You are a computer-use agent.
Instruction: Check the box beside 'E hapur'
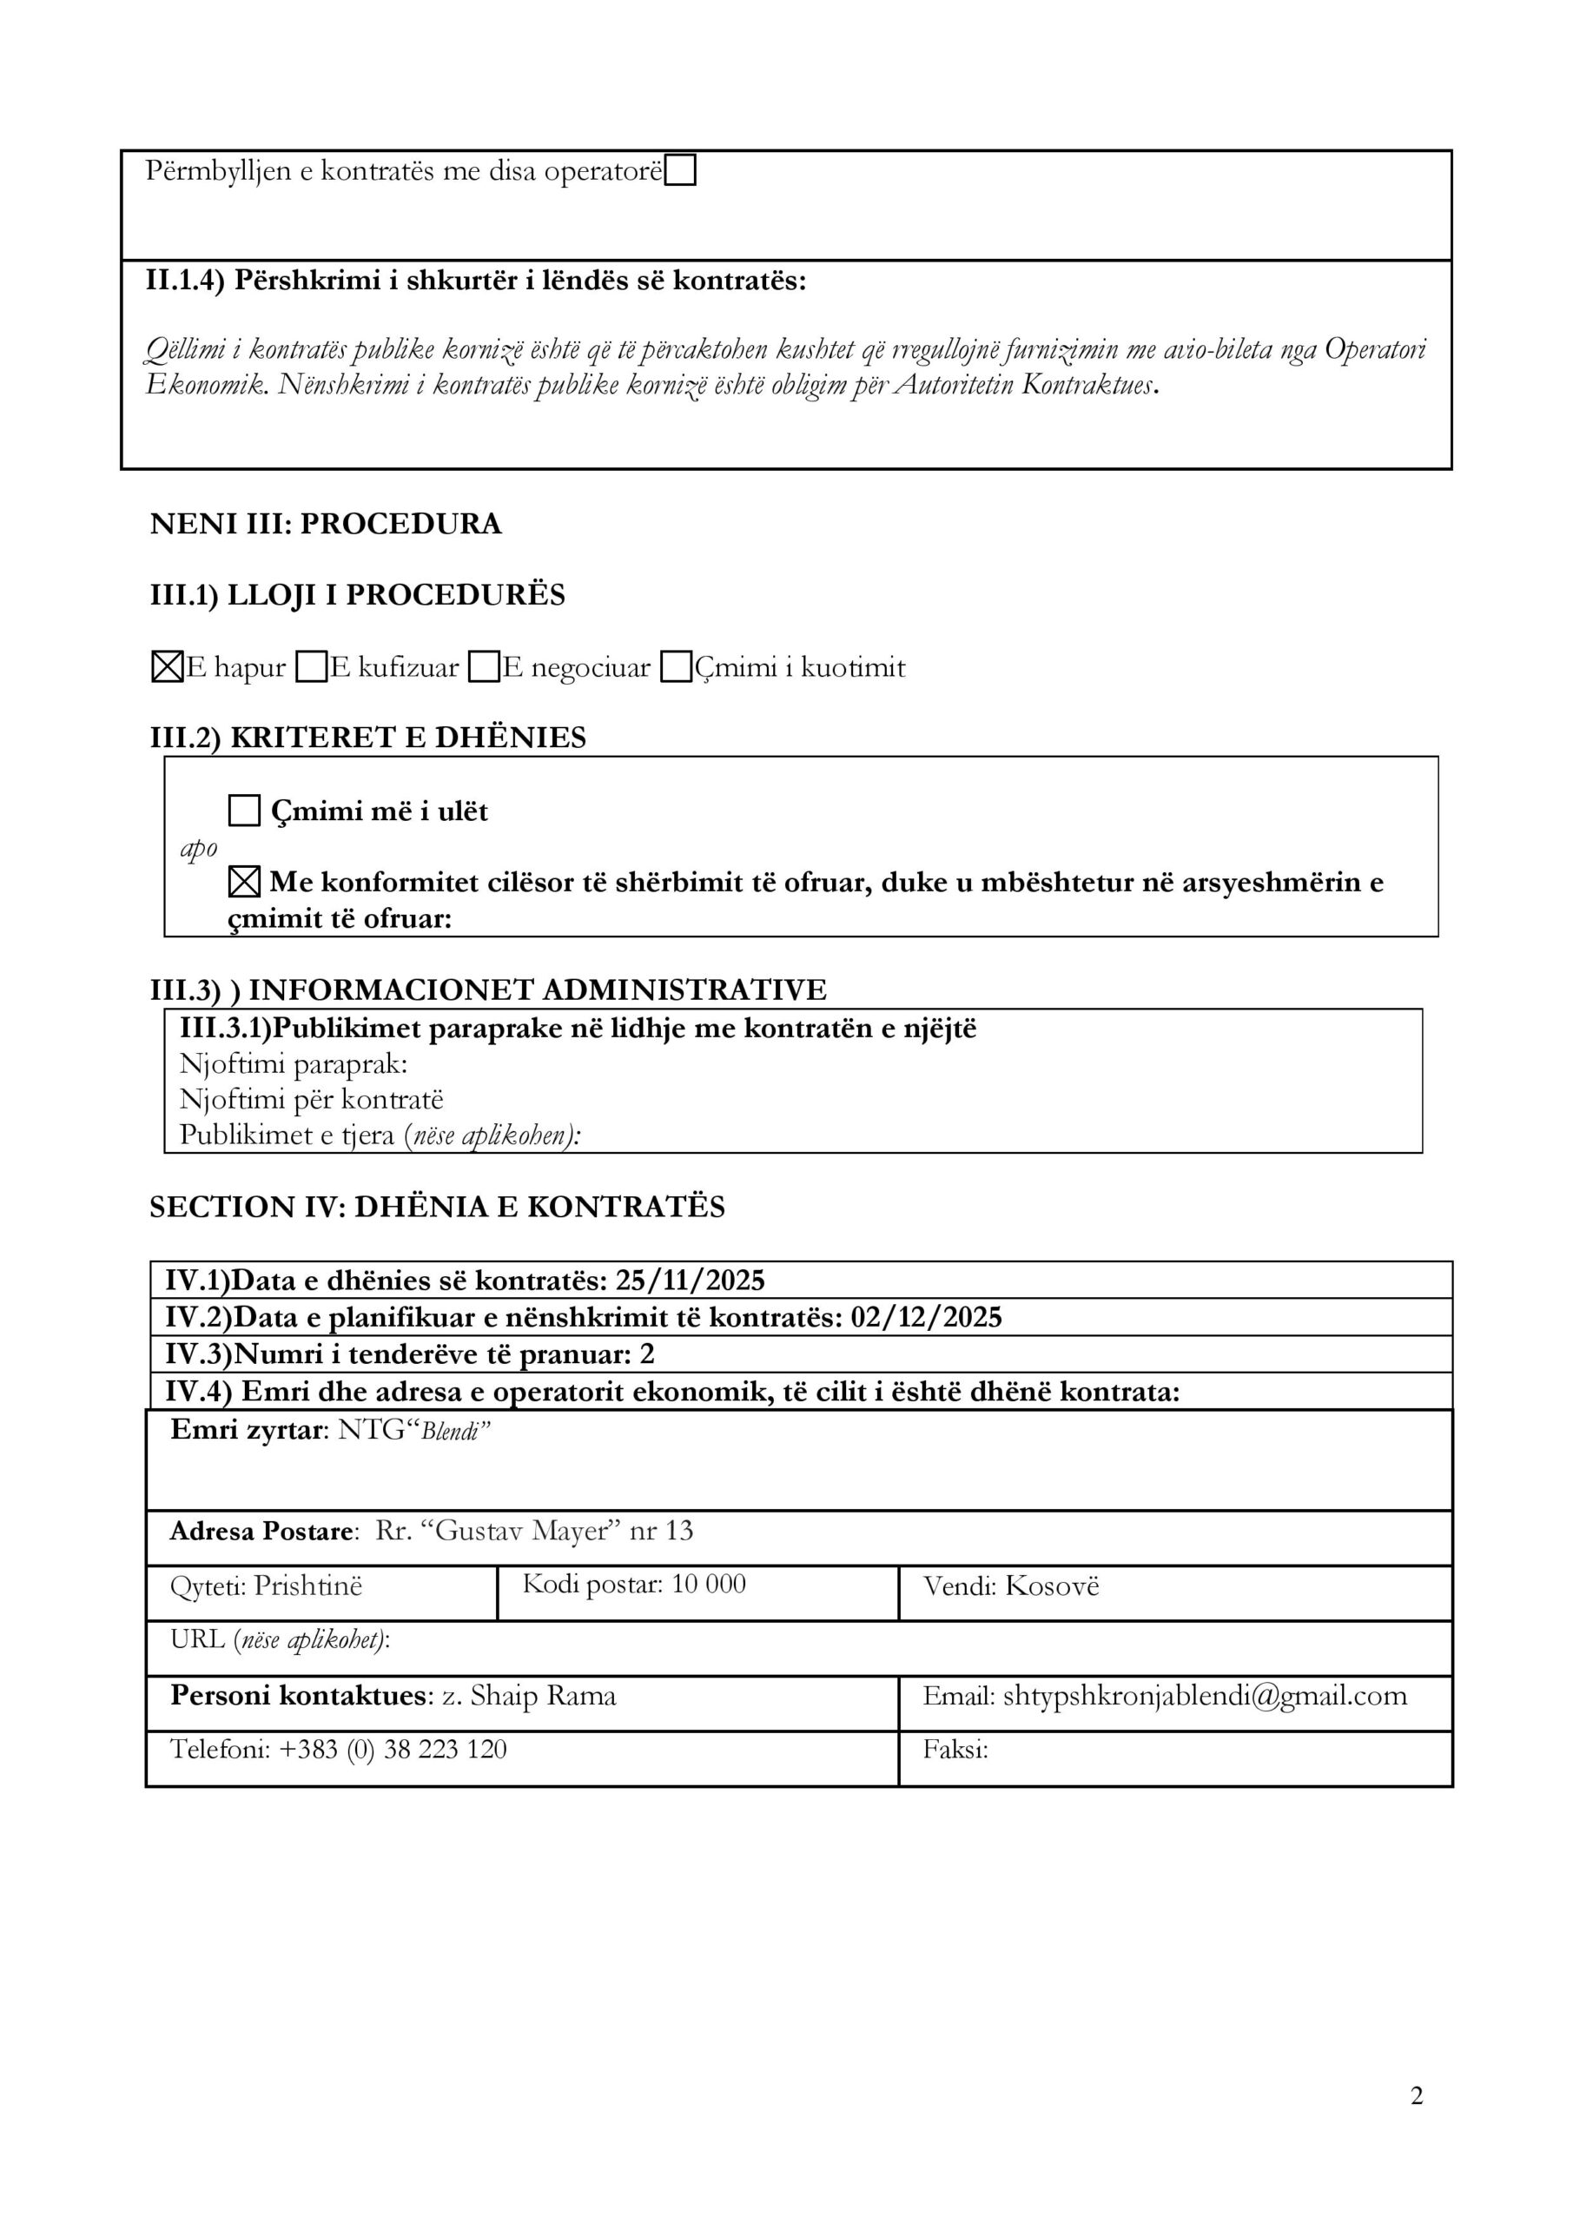point(168,667)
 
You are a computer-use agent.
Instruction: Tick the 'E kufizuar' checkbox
point(311,667)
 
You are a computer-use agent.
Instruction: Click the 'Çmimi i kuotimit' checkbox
point(676,667)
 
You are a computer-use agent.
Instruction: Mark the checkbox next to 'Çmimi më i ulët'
point(244,810)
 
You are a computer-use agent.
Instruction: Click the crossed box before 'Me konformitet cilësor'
point(244,882)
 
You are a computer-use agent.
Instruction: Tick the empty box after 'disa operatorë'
point(681,171)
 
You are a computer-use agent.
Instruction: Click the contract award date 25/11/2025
point(690,1281)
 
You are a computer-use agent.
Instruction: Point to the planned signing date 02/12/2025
point(926,1317)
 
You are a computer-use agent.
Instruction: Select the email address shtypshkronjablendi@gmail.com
point(1205,1696)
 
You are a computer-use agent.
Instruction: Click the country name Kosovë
point(1052,1585)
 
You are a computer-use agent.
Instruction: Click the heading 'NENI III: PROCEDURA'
point(326,524)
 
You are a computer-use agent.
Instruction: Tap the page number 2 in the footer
point(1416,2096)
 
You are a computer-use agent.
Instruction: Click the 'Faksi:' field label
point(955,1750)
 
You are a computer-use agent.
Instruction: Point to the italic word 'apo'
point(199,849)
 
